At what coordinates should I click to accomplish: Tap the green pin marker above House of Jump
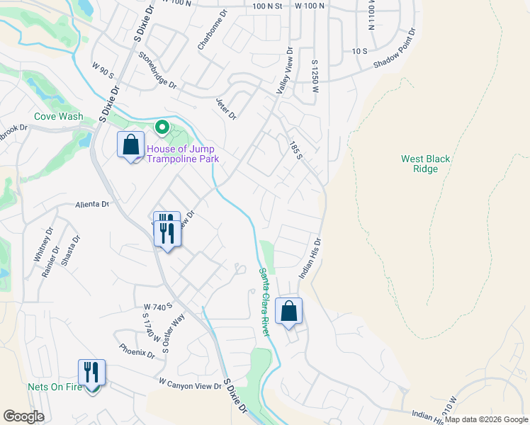(162, 128)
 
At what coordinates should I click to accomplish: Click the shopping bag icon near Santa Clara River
(289, 311)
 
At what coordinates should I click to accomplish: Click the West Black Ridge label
(425, 164)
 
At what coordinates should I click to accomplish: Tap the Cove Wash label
(59, 117)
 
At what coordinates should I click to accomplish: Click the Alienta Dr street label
(93, 204)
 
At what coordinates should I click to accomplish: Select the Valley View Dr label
(284, 73)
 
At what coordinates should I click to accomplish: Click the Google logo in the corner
(23, 416)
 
